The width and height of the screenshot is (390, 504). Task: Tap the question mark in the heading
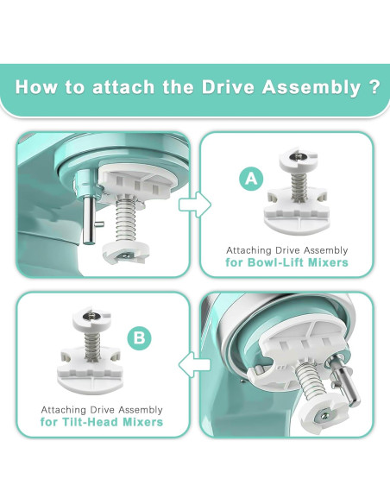coord(374,87)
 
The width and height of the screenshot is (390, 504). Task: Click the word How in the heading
coord(40,87)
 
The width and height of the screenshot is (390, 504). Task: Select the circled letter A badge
coord(250,180)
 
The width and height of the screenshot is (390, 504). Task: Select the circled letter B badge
coord(140,337)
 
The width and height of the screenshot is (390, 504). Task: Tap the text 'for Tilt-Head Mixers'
coord(103,423)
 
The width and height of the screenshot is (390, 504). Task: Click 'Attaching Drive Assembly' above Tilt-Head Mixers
coord(103,409)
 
